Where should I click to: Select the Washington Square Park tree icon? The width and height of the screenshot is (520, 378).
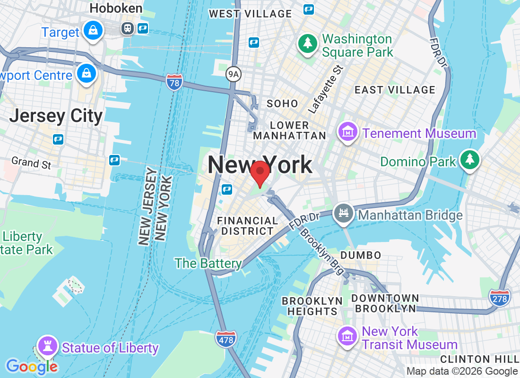point(307,43)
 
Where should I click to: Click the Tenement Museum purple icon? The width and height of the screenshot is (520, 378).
point(348,132)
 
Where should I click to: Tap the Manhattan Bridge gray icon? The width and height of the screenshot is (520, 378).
point(343,213)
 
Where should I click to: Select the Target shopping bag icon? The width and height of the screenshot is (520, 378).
point(93,30)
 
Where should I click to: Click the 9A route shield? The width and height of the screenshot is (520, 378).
point(233,74)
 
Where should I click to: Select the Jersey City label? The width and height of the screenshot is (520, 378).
point(56,116)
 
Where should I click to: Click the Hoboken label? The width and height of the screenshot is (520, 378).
point(116,8)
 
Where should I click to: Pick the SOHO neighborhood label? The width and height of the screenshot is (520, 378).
point(282,103)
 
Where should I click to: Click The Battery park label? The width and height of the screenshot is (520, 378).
point(208,263)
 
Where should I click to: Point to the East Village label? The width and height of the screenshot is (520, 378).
point(395,90)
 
